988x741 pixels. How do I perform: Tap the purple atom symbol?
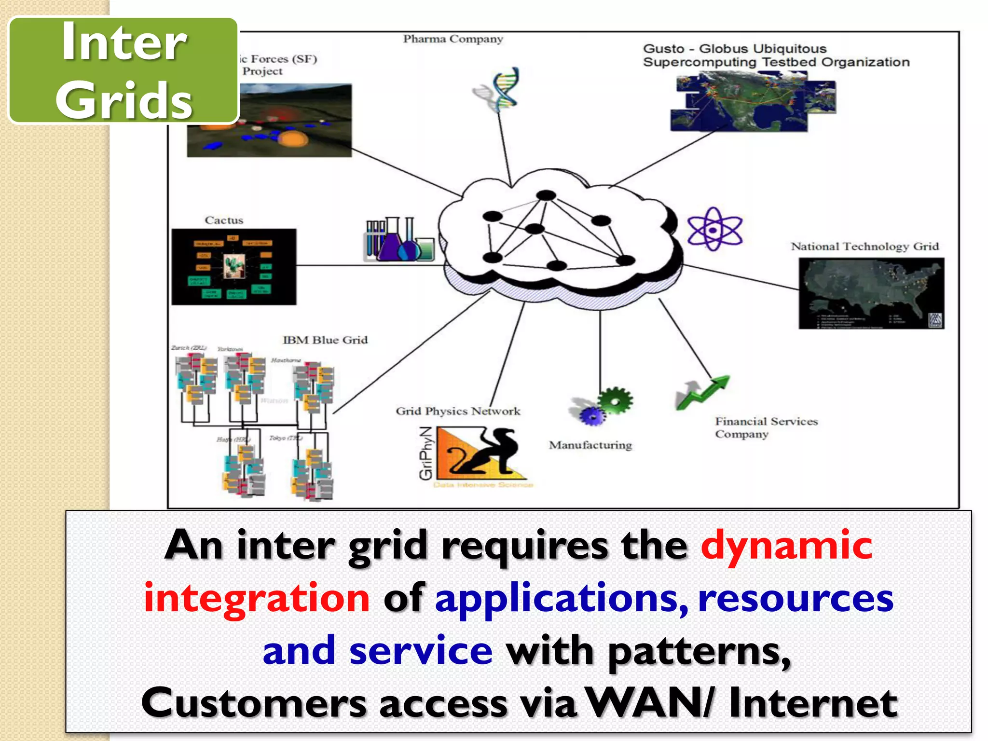coord(714,230)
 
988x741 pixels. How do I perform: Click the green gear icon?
coord(615,400)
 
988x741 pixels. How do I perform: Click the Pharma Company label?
coord(453,39)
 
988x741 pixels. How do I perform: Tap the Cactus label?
coord(224,220)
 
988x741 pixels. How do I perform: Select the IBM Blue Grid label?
coord(325,340)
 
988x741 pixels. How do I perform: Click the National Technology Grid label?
coord(864,247)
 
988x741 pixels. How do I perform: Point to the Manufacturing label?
coord(590,445)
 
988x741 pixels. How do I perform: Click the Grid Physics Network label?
coord(458,411)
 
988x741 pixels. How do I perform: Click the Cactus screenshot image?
coord(234,267)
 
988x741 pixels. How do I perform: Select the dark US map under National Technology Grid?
coord(871,293)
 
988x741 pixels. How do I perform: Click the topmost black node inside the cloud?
coord(546,195)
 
